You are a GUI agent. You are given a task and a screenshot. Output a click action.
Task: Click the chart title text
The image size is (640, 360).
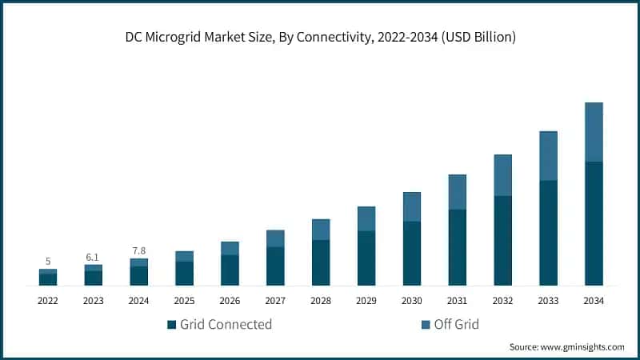320,37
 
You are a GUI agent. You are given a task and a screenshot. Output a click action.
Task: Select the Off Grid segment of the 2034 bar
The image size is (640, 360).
594,132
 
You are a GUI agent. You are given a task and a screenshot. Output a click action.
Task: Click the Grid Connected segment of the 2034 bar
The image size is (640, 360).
594,223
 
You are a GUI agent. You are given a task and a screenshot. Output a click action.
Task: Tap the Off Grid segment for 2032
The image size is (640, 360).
502,175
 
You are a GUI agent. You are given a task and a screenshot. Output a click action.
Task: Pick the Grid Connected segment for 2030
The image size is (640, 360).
411,253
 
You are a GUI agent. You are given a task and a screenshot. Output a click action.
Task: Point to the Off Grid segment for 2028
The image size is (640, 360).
321,230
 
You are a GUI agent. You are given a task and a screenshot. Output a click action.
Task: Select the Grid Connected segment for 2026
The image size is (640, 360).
230,270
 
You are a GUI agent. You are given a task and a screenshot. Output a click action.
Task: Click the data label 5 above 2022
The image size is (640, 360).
48,262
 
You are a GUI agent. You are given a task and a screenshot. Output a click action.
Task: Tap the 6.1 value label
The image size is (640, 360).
93,257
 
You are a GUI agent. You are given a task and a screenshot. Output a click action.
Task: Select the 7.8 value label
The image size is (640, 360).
138,251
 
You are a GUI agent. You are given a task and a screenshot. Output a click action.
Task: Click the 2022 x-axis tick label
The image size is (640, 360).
48,301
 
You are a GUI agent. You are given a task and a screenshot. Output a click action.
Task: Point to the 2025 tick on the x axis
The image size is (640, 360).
184,301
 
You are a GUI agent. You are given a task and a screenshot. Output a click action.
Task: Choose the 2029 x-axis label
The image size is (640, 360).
366,301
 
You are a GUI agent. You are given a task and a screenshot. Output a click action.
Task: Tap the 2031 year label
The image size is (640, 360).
457,301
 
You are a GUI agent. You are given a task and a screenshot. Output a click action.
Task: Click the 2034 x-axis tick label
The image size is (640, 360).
594,301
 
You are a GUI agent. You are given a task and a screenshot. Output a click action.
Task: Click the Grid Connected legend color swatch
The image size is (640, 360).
171,325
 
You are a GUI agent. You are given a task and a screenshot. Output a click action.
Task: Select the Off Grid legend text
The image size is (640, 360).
456,324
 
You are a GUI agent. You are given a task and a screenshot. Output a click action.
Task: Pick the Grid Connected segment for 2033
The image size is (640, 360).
548,233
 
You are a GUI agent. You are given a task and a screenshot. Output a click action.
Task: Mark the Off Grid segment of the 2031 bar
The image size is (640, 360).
457,192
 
